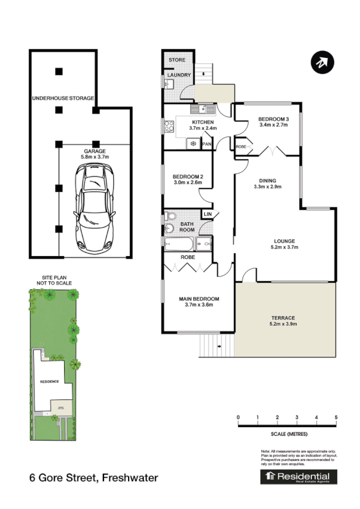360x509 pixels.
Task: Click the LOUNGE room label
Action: [284, 241]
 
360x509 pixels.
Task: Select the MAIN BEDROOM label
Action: [199, 300]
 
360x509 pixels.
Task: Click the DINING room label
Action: [267, 180]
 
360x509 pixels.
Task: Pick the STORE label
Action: [177, 60]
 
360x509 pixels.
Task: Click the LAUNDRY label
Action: [180, 75]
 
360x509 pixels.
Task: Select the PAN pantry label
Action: [207, 144]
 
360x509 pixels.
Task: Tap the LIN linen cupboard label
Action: [207, 214]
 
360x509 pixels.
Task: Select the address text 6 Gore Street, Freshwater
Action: [94, 478]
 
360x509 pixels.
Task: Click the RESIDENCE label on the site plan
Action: [49, 382]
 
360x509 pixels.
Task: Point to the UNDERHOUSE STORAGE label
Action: [63, 98]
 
